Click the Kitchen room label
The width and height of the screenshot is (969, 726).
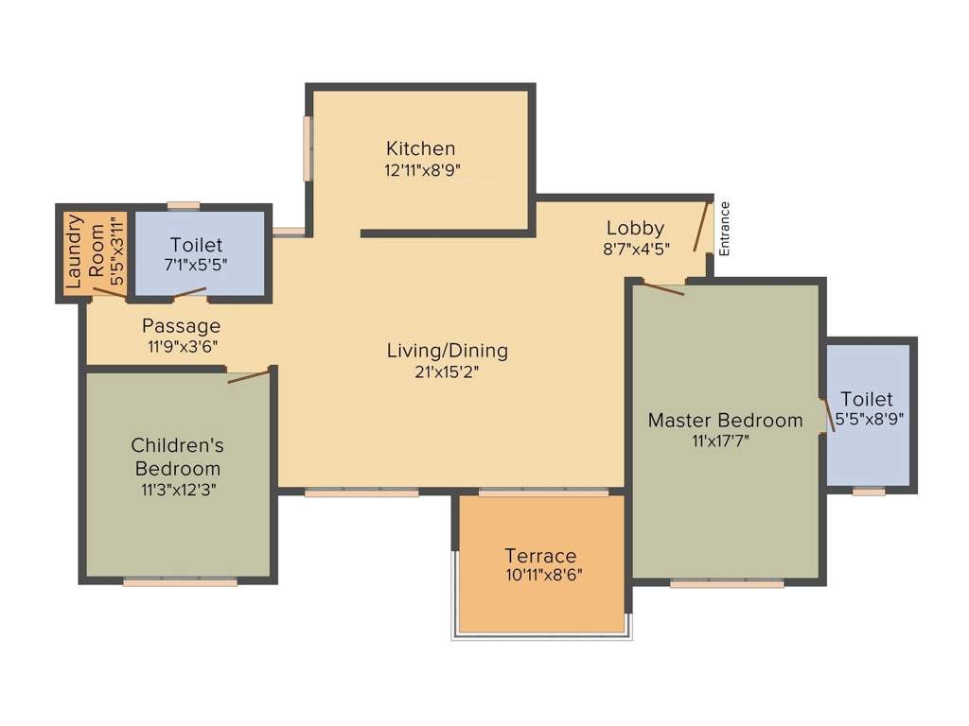tap(420, 148)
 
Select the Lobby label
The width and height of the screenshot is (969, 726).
tap(635, 228)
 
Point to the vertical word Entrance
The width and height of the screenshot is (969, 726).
tap(725, 229)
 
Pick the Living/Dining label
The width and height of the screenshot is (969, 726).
tap(447, 351)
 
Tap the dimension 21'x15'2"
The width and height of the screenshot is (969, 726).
tap(447, 372)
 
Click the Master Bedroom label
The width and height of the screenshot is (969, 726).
tap(725, 420)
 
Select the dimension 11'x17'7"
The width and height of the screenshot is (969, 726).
tap(725, 440)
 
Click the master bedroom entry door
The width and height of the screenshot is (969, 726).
tap(662, 287)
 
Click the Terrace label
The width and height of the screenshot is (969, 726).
tap(540, 556)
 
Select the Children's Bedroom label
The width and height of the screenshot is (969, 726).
tap(177, 456)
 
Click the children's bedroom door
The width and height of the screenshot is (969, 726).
tap(249, 375)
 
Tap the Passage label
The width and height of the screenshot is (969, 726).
tap(182, 326)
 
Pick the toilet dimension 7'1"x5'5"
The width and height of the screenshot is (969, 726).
tap(197, 265)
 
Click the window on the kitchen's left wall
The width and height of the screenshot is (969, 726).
tap(307, 147)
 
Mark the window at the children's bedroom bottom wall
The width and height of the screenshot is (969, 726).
tap(180, 582)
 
